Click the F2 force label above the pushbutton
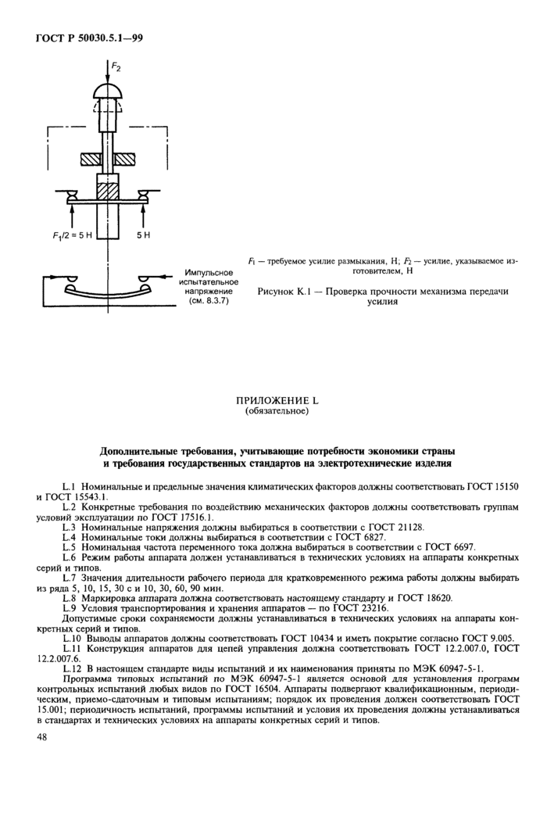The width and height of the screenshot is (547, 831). coord(115,69)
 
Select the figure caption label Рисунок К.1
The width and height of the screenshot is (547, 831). coord(284,291)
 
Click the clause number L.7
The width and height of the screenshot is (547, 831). coord(70,576)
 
